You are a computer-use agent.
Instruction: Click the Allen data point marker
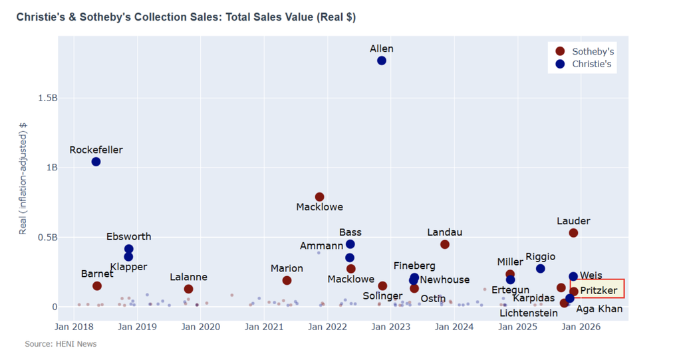tap(382, 61)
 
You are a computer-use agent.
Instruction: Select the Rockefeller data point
tap(96, 162)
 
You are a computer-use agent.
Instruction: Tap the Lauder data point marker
tap(573, 233)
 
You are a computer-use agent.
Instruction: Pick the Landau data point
tap(445, 244)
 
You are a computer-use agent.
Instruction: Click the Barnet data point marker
tap(97, 285)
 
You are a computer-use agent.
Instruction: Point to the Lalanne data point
tap(188, 289)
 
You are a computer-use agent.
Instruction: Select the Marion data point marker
tap(287, 280)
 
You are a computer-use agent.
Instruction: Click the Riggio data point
tap(541, 268)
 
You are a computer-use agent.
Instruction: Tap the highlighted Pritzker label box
tap(597, 289)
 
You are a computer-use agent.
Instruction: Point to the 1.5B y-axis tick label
tap(47, 98)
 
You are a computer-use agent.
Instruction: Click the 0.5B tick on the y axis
tap(47, 238)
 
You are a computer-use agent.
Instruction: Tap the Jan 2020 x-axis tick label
tap(200, 327)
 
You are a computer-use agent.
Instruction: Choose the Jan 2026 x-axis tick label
tap(581, 327)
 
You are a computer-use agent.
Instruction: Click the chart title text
tap(186, 17)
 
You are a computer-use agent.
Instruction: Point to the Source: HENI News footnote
tap(61, 344)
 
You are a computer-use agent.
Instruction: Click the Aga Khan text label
tap(599, 309)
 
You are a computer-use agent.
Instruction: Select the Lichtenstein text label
tap(529, 313)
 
